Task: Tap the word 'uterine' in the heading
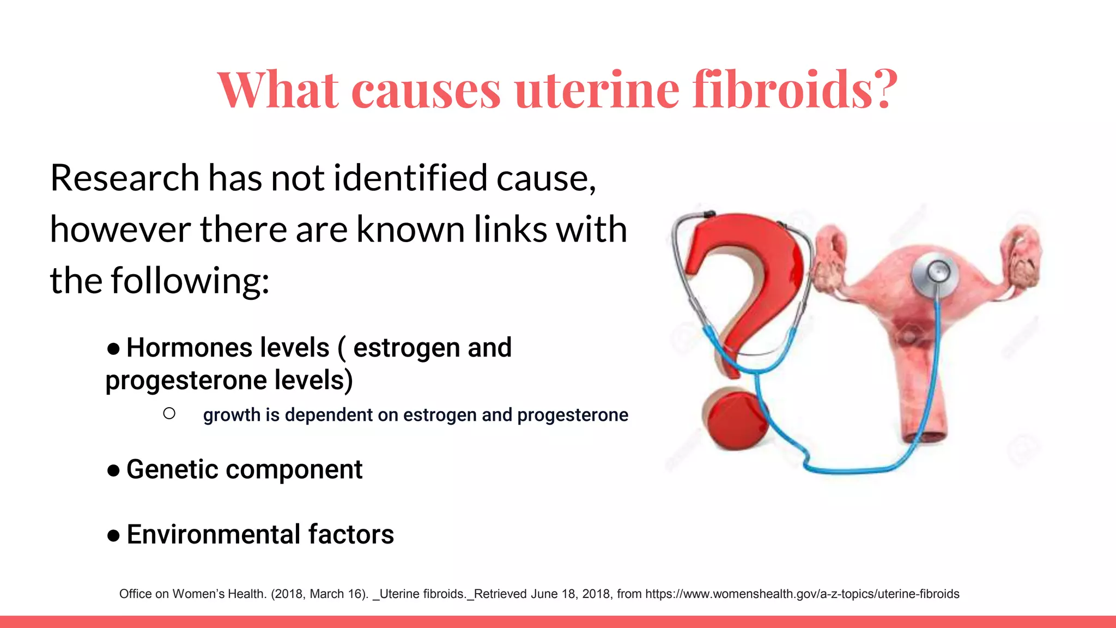coord(597,89)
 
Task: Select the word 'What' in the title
coord(277,89)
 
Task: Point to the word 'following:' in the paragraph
coord(190,281)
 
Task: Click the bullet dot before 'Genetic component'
coord(113,470)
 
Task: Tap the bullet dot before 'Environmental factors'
coord(113,535)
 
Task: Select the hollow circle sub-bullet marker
coord(169,414)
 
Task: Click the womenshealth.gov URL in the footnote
coord(802,594)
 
